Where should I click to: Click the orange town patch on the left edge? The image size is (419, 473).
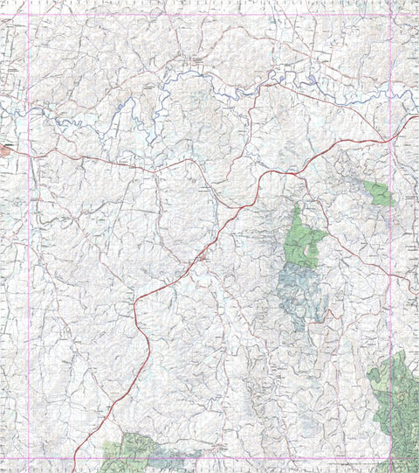(x=5, y=150)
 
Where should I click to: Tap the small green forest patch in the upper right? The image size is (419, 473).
(x=380, y=193)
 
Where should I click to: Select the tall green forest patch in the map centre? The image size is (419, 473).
(x=302, y=239)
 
